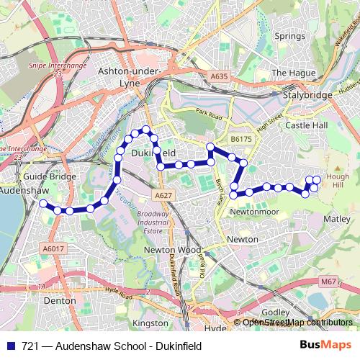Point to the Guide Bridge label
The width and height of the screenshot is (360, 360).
point(45,176)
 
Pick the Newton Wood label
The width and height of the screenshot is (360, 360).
point(162,249)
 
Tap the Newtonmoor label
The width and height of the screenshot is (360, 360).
point(253,212)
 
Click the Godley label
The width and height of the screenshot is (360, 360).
point(274,311)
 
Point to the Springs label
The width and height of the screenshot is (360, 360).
point(289,36)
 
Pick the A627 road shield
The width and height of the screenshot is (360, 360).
point(162,194)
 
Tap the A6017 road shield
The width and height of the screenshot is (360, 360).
point(53,248)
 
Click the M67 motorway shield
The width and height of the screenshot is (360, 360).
point(328,282)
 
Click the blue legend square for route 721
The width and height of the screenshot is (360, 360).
point(10,345)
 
